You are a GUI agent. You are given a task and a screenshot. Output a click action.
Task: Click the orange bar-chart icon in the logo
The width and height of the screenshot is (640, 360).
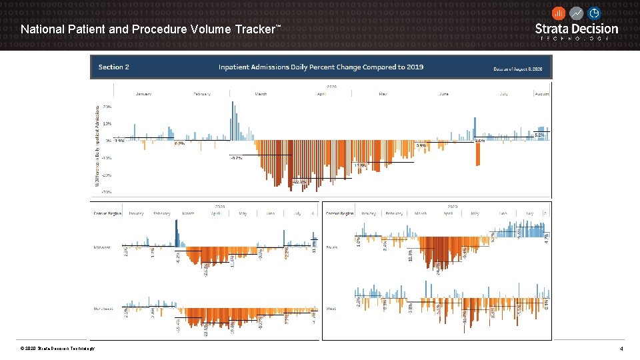point(559,13)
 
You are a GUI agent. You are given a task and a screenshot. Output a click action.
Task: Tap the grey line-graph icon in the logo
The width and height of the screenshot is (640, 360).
point(576,13)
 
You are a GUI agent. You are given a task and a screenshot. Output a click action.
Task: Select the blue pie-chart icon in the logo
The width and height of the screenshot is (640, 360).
point(593,13)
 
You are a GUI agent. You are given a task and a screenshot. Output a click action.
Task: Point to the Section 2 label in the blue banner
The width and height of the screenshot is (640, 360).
point(114,67)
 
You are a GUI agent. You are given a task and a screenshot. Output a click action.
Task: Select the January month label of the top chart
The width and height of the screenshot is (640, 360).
point(143,94)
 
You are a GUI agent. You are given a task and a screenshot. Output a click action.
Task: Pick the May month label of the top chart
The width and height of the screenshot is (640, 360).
point(383,94)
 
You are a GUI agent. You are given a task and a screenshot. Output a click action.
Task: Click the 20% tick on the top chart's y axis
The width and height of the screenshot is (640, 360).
point(107,106)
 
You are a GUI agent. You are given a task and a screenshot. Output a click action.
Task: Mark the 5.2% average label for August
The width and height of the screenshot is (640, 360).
point(539,135)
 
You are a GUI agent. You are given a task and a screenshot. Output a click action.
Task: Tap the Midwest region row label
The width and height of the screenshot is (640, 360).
point(101,247)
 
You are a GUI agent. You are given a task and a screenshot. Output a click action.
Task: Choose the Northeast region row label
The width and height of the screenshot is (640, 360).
point(103,309)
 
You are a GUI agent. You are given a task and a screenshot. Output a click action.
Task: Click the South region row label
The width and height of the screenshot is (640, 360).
point(331,247)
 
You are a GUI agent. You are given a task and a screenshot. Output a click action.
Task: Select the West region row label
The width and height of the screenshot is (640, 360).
point(331,309)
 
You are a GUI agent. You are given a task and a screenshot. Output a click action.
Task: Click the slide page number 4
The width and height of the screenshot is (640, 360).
point(621,349)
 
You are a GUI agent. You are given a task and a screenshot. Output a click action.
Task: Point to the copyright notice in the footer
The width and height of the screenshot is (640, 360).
point(58,349)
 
